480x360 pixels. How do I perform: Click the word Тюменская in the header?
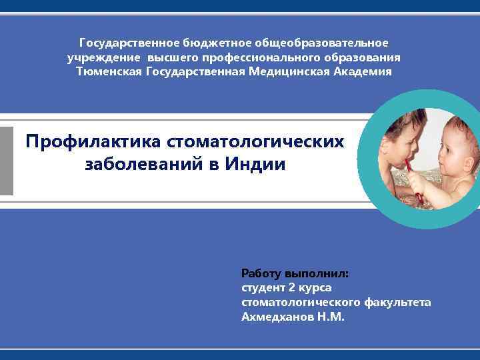click(x=108, y=71)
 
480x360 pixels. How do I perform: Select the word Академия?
click(x=365, y=71)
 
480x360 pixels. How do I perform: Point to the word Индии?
click(x=253, y=164)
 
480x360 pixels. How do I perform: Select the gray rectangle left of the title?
click(x=7, y=161)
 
